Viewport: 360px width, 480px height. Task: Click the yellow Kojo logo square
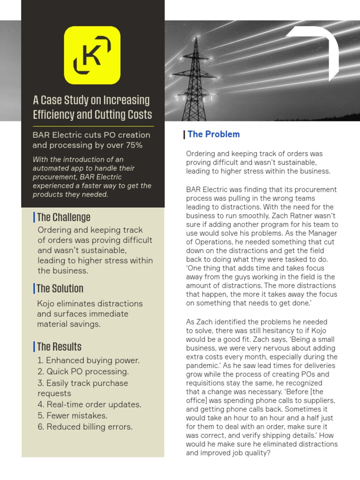(92, 55)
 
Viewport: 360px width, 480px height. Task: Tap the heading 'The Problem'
(213, 135)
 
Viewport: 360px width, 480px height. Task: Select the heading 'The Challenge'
(63, 217)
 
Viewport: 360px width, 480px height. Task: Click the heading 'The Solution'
(60, 288)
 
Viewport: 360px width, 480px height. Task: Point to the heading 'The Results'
(59, 347)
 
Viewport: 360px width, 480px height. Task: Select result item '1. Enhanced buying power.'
(88, 360)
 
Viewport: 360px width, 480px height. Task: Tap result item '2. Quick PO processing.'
(82, 372)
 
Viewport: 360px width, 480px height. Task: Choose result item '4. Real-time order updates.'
(89, 405)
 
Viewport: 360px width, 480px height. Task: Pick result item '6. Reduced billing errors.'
(85, 427)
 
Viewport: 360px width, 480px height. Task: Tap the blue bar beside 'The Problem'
(184, 135)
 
